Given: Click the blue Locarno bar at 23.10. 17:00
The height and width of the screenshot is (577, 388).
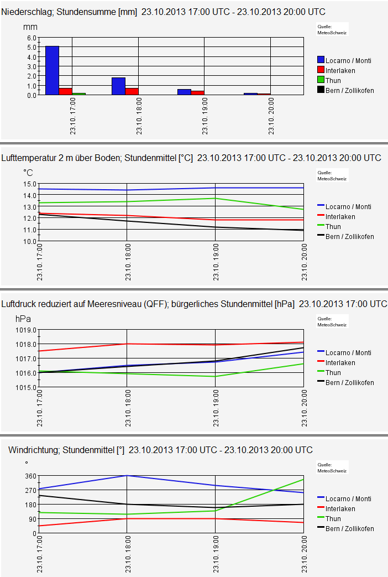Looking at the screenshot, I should (52, 70).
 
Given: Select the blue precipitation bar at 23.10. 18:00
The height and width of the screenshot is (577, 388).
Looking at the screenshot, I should (118, 86).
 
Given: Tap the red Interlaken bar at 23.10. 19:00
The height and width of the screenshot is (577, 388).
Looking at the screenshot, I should (197, 92).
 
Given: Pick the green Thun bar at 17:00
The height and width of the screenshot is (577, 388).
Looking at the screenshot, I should (79, 93).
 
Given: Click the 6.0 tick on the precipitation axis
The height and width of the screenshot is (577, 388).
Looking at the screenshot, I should (32, 38).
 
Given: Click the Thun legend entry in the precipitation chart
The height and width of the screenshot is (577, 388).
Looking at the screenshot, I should (333, 80).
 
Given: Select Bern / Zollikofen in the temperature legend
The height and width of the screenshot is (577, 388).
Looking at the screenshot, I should (349, 236).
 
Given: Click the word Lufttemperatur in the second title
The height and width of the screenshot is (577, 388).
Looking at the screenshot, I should (30, 158).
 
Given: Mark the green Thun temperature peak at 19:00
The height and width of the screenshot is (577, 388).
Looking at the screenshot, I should (215, 198).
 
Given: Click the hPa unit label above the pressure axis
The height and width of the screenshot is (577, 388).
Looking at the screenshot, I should (23, 319).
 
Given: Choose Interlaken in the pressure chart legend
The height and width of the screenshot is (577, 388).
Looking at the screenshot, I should (340, 362).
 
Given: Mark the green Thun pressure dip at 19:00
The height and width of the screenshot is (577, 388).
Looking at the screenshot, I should (215, 376).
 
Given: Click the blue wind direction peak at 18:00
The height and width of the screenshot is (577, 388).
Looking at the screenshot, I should (127, 476).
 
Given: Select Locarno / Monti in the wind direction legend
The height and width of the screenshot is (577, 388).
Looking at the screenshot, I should (348, 498).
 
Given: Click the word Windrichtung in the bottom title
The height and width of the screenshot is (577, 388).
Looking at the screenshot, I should (34, 450).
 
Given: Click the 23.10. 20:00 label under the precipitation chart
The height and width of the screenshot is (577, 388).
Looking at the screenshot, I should (271, 118).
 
